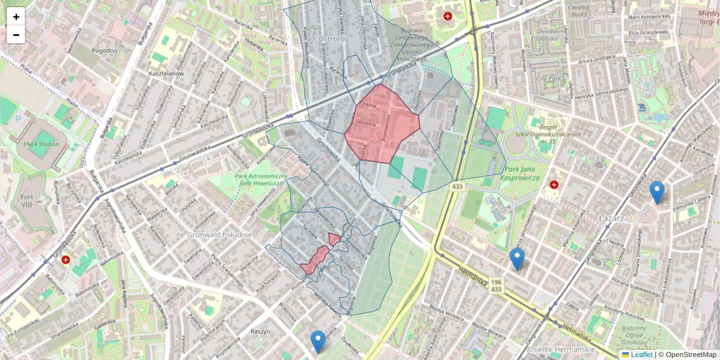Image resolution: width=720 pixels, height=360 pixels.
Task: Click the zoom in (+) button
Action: point(16,17)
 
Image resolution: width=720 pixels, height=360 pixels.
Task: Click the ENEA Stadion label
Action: point(41,144)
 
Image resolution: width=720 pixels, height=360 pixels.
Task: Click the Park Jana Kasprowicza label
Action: point(520,174)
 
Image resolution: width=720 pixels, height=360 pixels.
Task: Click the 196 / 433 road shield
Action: point(496,285)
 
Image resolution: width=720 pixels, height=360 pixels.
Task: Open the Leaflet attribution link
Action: point(641,355)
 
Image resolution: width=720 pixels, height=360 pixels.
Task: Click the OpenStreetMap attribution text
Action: point(690,355)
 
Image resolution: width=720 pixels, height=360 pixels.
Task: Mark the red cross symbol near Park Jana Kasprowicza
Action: point(554,185)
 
